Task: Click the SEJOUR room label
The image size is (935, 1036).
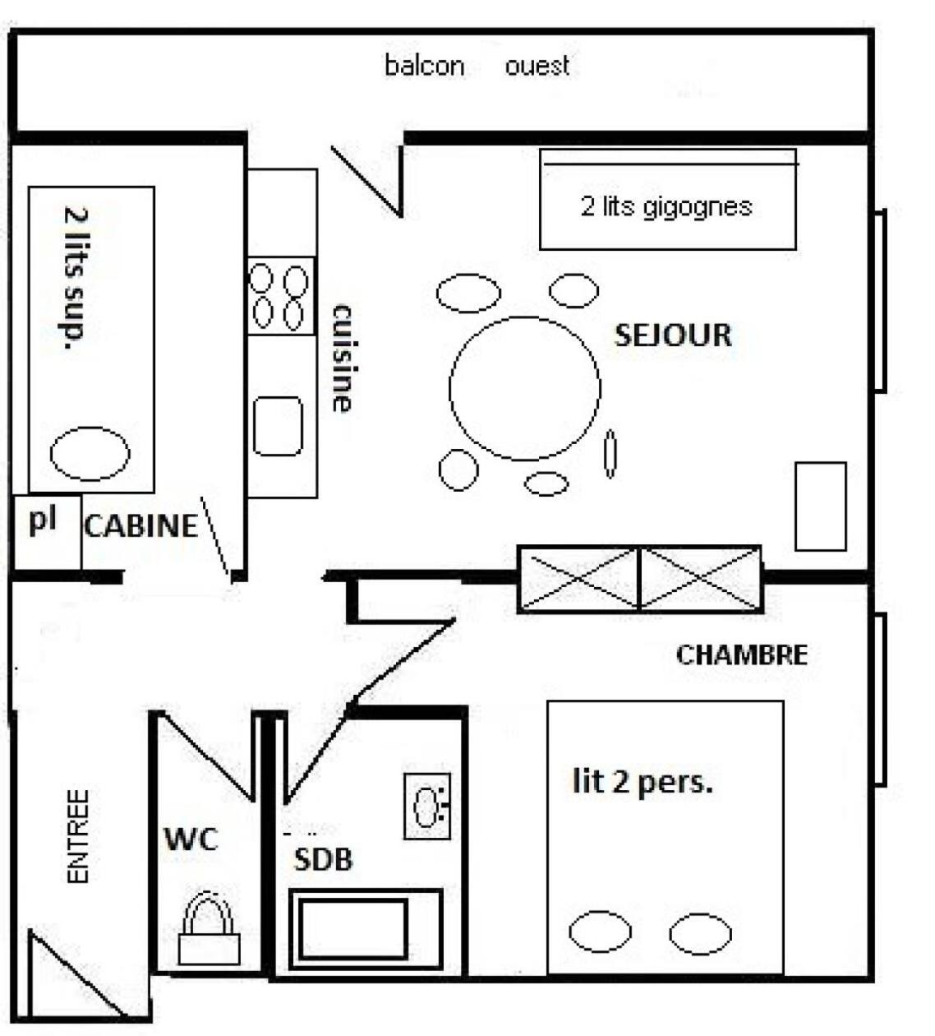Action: tap(673, 335)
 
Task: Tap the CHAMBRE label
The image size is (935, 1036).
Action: tap(741, 654)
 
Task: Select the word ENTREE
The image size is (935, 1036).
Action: tap(79, 836)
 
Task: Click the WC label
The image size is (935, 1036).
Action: tap(191, 839)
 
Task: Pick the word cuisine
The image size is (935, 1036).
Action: tap(343, 358)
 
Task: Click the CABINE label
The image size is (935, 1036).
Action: tap(141, 526)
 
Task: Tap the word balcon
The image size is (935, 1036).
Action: tap(425, 66)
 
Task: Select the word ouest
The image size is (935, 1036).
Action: tap(537, 66)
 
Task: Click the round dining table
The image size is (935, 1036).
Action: tap(524, 388)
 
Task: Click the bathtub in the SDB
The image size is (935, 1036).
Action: tap(366, 930)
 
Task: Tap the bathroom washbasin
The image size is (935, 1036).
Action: tap(427, 806)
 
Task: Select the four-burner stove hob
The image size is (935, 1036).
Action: tap(281, 296)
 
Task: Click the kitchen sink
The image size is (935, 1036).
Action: tap(278, 426)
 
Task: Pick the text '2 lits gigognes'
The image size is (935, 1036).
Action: tap(666, 207)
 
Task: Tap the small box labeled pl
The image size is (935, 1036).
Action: tap(47, 533)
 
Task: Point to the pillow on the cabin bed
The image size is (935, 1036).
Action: tap(90, 454)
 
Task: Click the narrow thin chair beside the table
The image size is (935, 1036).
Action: tap(610, 454)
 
